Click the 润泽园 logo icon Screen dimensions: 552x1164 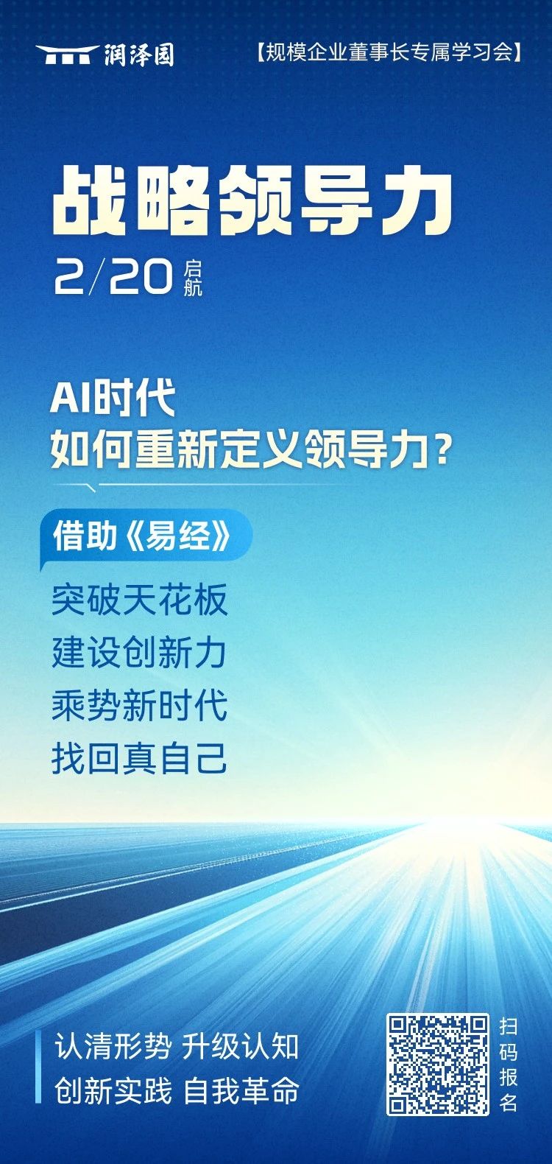click(68, 54)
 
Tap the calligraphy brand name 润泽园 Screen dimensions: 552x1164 click(138, 55)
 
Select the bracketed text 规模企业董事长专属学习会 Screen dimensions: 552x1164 click(389, 52)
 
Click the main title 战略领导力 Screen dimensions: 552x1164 click(252, 202)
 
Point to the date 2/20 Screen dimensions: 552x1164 click(114, 277)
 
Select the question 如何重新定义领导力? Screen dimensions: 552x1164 click(250, 448)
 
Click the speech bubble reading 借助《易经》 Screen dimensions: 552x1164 click(146, 537)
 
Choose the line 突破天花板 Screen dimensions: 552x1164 click(140, 600)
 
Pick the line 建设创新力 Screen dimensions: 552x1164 click(139, 653)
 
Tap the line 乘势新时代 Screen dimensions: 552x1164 click(139, 706)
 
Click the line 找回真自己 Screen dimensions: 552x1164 click(139, 759)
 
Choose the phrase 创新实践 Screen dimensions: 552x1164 click(113, 1090)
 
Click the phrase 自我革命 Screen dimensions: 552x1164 click(241, 1090)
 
